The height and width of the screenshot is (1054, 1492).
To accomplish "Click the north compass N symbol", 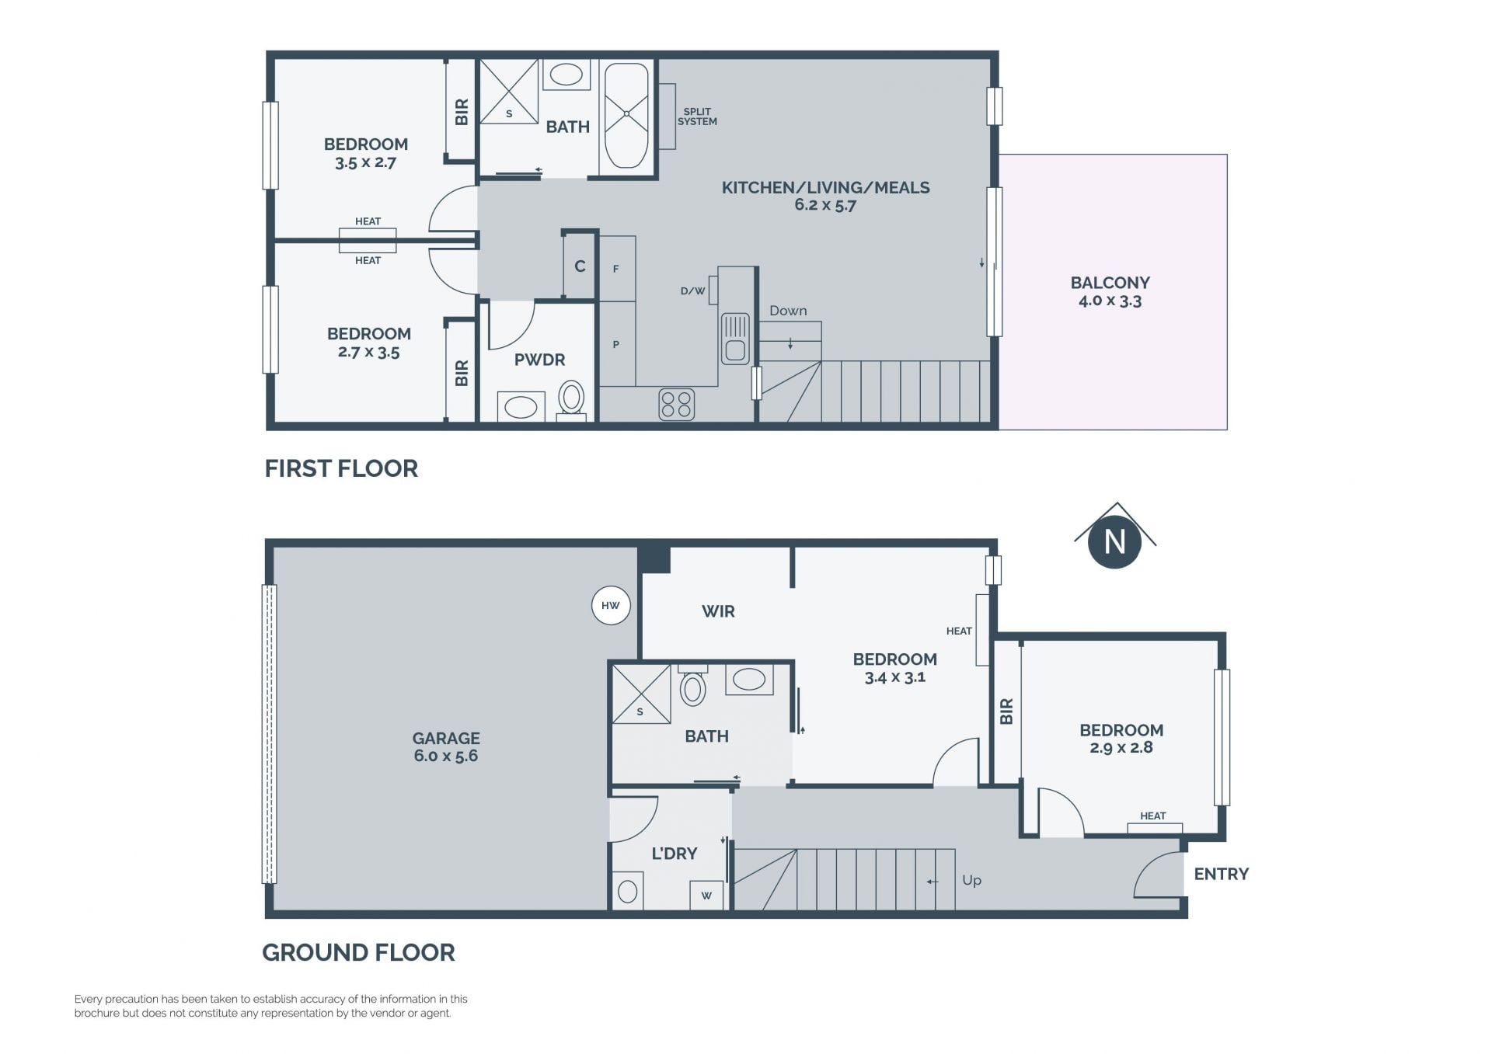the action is pyautogui.click(x=1114, y=541).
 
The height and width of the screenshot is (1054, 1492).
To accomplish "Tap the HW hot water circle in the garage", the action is pyautogui.click(x=611, y=606).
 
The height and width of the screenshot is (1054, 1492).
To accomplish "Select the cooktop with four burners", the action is pyautogui.click(x=676, y=405).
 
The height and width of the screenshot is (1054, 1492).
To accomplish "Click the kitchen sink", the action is pyautogui.click(x=735, y=339).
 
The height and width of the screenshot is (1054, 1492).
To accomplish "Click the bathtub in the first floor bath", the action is pyautogui.click(x=626, y=116).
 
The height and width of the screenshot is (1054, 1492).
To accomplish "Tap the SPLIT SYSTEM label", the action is pyautogui.click(x=697, y=117).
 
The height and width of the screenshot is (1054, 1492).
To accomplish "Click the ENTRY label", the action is pyautogui.click(x=1221, y=874).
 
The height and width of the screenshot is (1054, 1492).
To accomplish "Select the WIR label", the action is pyautogui.click(x=718, y=611).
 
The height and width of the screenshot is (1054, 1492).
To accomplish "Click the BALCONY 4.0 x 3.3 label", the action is pyautogui.click(x=1110, y=291).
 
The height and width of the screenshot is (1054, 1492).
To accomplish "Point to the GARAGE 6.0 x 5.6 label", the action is pyautogui.click(x=446, y=747).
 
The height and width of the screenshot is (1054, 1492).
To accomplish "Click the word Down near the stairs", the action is pyautogui.click(x=788, y=311).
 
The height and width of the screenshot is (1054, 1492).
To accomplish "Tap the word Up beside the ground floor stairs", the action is pyautogui.click(x=971, y=880).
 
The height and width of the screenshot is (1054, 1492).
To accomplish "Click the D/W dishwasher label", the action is pyautogui.click(x=692, y=291).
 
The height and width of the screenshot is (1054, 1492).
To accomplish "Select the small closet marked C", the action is pyautogui.click(x=580, y=266).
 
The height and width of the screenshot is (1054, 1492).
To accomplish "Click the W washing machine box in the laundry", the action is pyautogui.click(x=706, y=895).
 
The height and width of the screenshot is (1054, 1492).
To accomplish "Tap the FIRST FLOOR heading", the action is pyautogui.click(x=341, y=468).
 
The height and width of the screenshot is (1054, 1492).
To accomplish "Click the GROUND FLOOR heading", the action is pyautogui.click(x=358, y=952).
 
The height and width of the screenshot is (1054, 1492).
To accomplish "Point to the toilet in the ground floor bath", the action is pyautogui.click(x=692, y=685).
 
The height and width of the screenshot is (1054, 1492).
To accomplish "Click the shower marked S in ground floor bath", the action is pyautogui.click(x=641, y=694).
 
